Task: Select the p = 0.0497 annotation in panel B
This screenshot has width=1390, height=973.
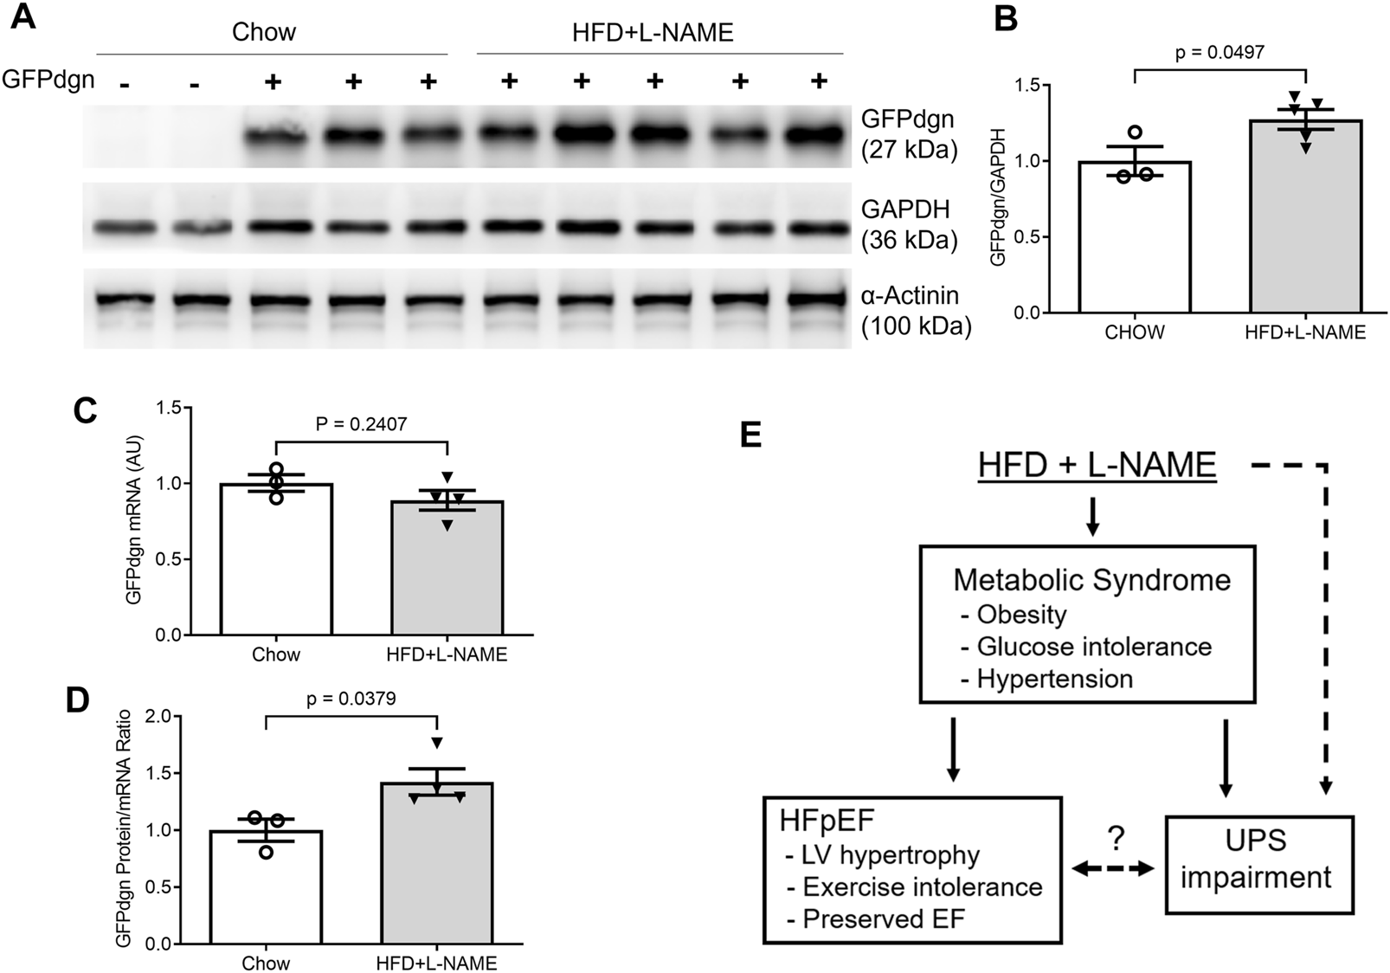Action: (x=1219, y=53)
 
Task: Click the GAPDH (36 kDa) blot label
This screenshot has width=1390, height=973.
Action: (x=909, y=224)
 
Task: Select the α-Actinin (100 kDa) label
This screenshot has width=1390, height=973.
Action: (x=916, y=311)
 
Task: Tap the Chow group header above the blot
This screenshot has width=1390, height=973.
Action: (x=264, y=33)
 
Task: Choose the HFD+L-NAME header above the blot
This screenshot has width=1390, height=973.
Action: (x=653, y=33)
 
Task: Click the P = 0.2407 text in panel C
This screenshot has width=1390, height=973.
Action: (x=361, y=424)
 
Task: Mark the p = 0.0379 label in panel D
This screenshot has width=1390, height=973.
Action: (x=351, y=699)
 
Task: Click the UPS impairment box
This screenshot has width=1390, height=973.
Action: (x=1258, y=863)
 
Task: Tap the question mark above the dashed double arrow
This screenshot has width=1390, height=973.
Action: (x=1115, y=837)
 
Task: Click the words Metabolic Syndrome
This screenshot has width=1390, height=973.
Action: (x=1091, y=579)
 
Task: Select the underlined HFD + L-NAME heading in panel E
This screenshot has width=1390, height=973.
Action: (x=1097, y=466)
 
